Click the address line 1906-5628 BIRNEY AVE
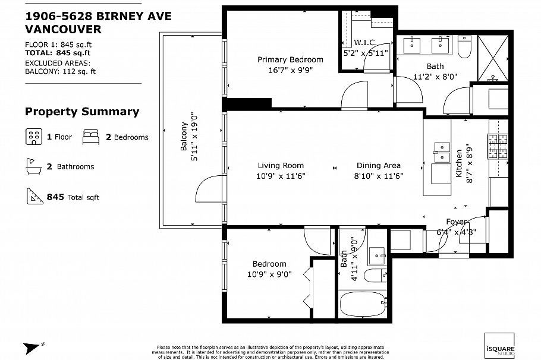[x=98, y=16]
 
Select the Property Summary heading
[x=82, y=112]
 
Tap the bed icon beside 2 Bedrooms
[x=91, y=137]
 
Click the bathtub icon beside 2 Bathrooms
[x=33, y=166]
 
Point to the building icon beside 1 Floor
[x=33, y=137]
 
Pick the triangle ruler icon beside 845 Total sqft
[x=33, y=195]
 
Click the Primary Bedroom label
[x=290, y=59]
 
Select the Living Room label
[x=281, y=166]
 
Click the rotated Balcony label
[x=184, y=136]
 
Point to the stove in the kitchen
[x=498, y=146]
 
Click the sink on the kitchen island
[x=442, y=152]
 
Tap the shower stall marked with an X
[x=494, y=56]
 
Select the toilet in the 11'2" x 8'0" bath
[x=465, y=45]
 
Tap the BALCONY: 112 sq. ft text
[x=60, y=71]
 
